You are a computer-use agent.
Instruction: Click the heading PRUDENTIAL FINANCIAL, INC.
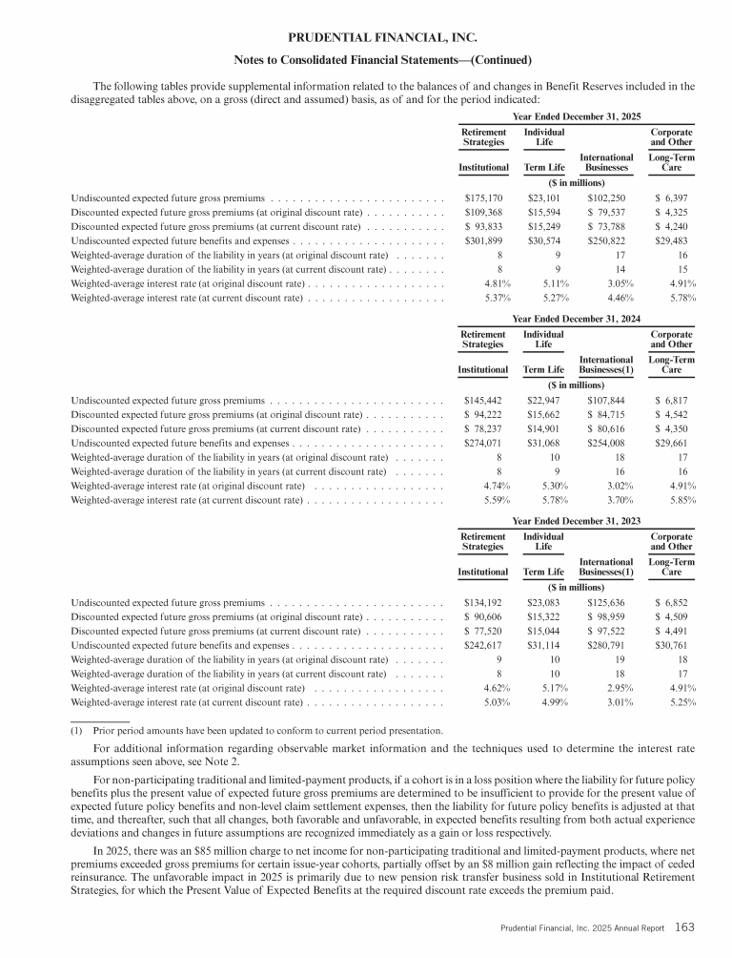pos(366,38)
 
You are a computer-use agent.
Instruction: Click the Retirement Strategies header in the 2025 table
pos(483,137)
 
